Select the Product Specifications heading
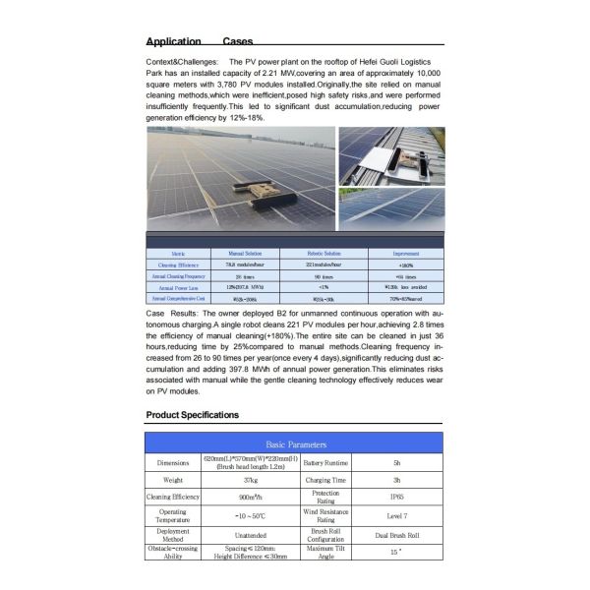coord(192,415)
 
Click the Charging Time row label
coord(324,479)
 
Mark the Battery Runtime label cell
coord(324,461)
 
